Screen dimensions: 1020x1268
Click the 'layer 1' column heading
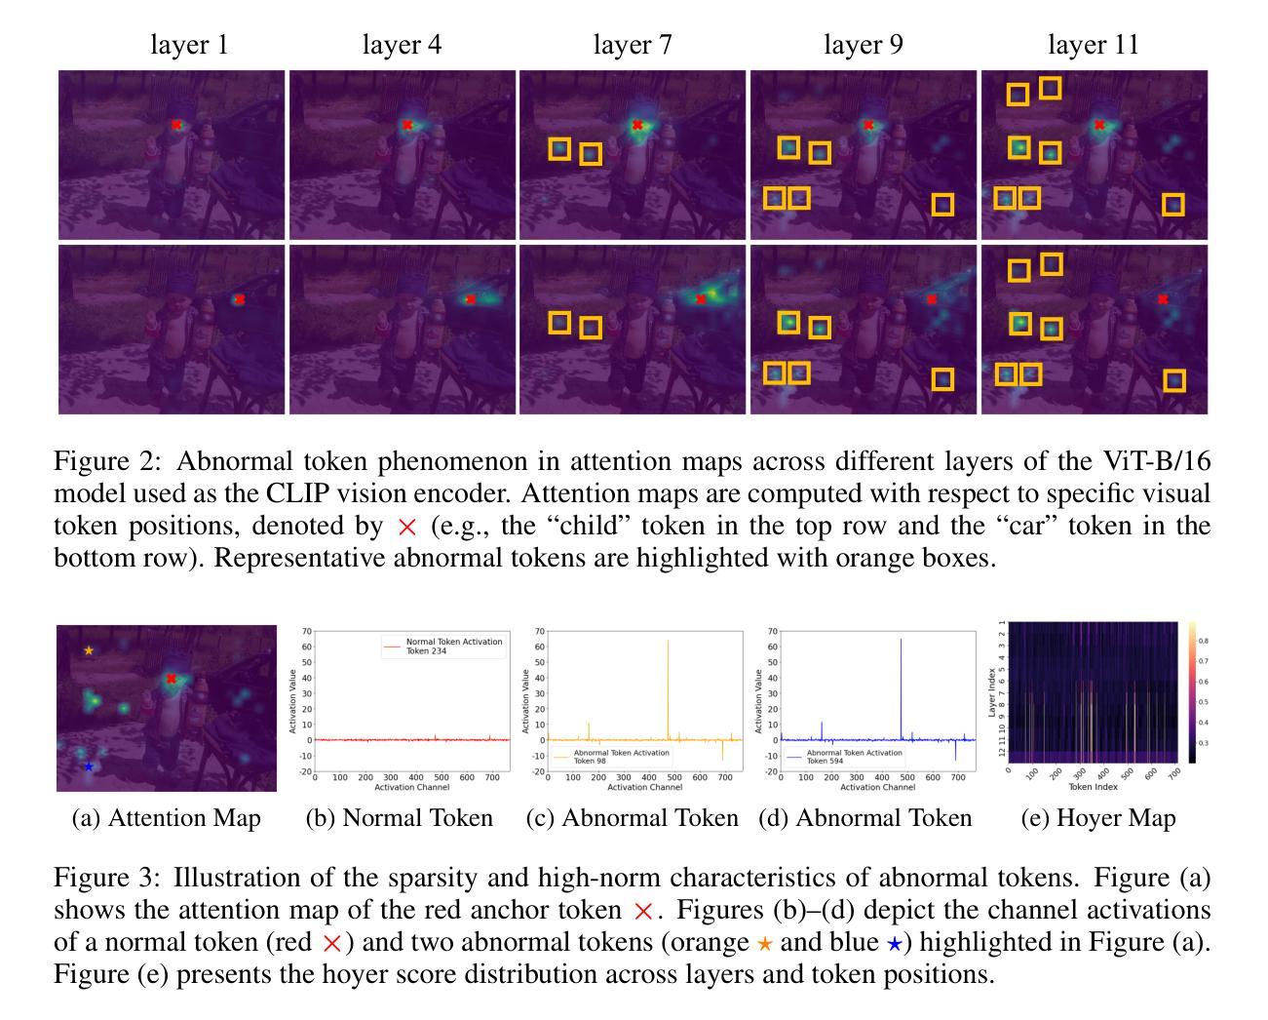(x=189, y=45)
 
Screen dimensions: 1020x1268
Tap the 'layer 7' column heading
(x=633, y=45)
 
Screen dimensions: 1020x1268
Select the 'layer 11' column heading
(x=1093, y=45)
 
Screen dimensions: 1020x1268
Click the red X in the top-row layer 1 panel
(x=176, y=125)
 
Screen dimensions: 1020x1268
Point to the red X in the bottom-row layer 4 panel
(x=471, y=299)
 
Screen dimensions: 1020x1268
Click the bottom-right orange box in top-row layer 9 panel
(x=942, y=205)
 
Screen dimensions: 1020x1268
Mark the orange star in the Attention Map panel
(x=89, y=650)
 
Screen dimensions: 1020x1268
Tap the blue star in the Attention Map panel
(x=89, y=766)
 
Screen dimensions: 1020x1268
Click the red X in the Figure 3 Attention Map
(x=172, y=678)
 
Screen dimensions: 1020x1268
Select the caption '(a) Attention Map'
(x=167, y=818)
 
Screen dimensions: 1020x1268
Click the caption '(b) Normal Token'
(x=400, y=818)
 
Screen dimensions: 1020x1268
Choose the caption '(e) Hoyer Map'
(x=1098, y=818)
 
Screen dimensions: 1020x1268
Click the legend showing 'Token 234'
(x=442, y=647)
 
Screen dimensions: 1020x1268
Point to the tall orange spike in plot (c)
(x=669, y=683)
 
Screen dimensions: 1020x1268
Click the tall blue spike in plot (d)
(x=902, y=683)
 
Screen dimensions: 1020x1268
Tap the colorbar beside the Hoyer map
(x=1190, y=691)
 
